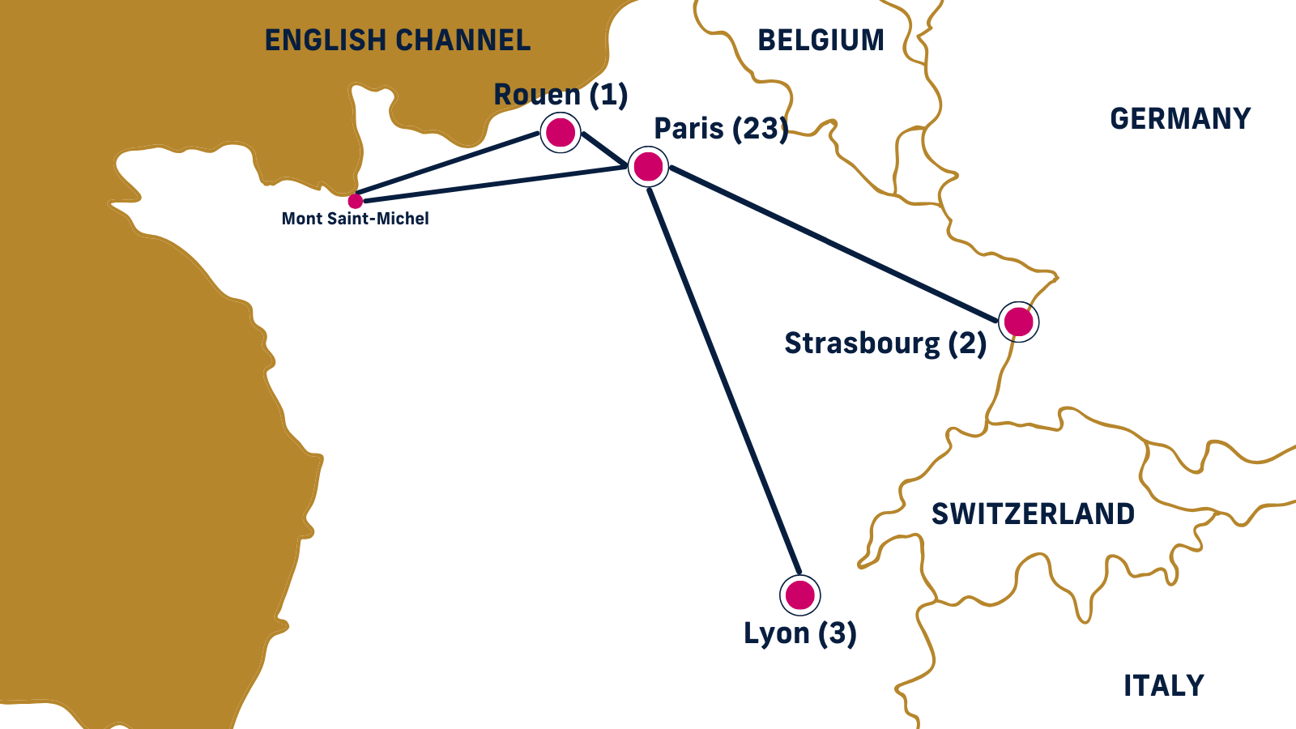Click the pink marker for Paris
pos(648,167)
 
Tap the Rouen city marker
pos(561,132)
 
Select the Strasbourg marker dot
pos(1018,322)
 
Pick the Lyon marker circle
pos(800,595)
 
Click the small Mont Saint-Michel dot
pos(355,201)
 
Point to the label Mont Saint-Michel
pos(355,219)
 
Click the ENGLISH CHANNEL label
pos(398,40)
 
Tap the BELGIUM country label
pos(821,40)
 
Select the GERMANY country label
pos(1180,119)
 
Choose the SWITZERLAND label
pos(1033,514)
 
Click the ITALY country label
pos(1163,686)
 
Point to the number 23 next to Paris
pos(760,129)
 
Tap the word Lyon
pos(776,633)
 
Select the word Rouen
pos(537,95)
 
